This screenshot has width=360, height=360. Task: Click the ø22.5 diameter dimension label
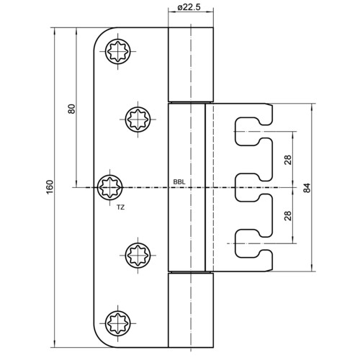click(x=189, y=7)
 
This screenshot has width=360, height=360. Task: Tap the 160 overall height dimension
click(x=50, y=187)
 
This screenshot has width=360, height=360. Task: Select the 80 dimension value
click(x=71, y=109)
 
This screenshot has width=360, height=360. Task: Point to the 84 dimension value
click(x=307, y=188)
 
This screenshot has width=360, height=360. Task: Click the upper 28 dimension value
click(x=288, y=160)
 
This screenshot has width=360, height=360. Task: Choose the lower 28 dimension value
click(x=288, y=215)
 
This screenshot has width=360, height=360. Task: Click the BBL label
click(x=179, y=182)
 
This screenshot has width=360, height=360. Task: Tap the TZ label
click(x=121, y=207)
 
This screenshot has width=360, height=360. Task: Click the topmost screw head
click(x=118, y=52)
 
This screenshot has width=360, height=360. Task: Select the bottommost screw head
click(x=118, y=323)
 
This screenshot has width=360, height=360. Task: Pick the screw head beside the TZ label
click(x=110, y=187)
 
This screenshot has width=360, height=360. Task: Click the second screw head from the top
click(x=138, y=120)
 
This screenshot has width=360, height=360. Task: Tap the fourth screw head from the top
click(x=138, y=255)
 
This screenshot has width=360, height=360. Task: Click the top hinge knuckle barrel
click(x=191, y=65)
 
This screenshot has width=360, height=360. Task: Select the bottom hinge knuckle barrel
click(x=191, y=310)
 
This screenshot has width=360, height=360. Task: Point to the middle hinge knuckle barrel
click(x=186, y=187)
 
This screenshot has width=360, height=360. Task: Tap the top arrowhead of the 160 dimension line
click(x=55, y=32)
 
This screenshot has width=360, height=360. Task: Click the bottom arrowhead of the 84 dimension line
click(x=312, y=268)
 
